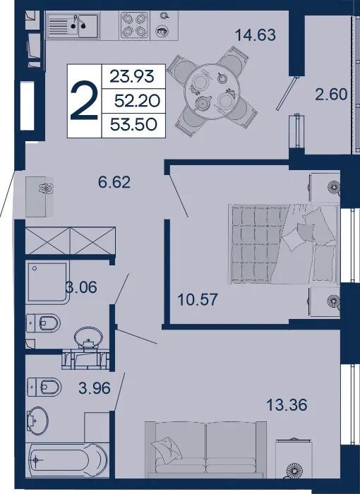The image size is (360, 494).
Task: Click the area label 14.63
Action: coord(256,35)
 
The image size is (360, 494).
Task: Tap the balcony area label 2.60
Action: coord(331,94)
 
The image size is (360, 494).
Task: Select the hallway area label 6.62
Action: coord(114,182)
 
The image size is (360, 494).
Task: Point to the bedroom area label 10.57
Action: coord(198,300)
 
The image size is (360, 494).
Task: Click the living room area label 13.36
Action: coord(287,405)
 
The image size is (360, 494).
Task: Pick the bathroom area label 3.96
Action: coord(95,388)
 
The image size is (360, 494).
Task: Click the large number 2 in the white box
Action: coord(84,100)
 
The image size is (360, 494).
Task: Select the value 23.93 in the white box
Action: coord(132,76)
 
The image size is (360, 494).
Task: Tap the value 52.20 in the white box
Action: coord(138,101)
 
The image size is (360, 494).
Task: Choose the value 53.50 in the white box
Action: coord(133,125)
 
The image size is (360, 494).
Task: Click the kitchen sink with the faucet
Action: coord(73,26)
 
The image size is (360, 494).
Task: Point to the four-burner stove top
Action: coord(134,25)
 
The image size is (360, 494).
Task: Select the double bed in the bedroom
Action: coord(284,244)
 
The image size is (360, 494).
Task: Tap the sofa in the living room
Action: coord(205,450)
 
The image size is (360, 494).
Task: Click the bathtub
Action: coord(68,459)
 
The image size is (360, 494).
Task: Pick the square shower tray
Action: coord(47,282)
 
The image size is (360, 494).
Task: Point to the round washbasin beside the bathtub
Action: coord(37,420)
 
